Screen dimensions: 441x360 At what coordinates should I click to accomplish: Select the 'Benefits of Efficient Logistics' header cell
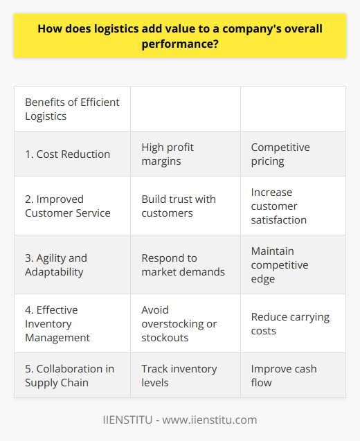72,109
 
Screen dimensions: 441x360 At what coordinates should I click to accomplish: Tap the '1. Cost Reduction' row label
68,154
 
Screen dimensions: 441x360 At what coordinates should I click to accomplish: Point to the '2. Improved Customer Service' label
68,206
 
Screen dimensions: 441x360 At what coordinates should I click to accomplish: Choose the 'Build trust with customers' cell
179,206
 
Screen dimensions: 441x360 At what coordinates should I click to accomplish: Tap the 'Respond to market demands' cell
183,264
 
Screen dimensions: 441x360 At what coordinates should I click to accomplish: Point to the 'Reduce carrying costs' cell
290,323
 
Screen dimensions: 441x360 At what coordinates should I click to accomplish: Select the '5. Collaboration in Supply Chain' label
70,375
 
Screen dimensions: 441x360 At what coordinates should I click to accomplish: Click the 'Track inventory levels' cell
179,375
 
